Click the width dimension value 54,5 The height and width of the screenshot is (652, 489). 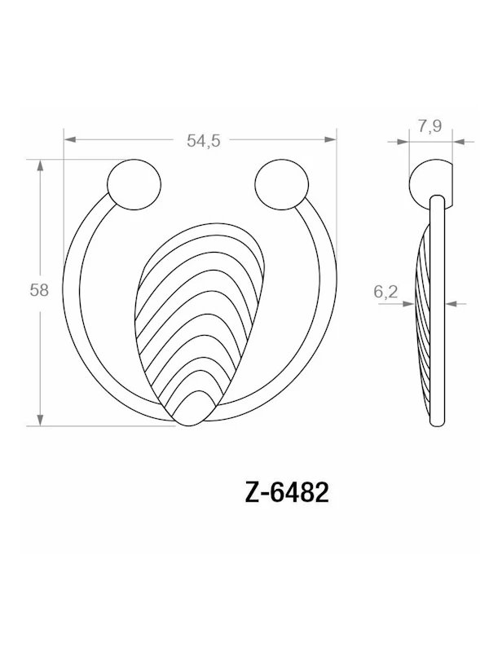click(203, 140)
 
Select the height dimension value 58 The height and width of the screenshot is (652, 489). click(39, 290)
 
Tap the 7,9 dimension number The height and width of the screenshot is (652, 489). click(430, 126)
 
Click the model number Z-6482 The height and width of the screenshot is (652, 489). click(286, 494)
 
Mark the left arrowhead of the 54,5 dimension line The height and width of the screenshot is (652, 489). click(71, 140)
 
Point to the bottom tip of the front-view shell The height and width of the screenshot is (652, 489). click(188, 424)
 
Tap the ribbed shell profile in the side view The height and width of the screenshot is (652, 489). click(424, 326)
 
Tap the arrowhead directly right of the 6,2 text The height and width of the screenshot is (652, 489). click(407, 303)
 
